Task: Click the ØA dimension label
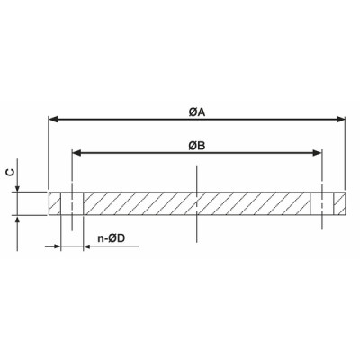pyautogui.click(x=196, y=111)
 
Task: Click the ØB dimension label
pyautogui.click(x=196, y=144)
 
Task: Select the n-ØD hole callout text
pyautogui.click(x=111, y=238)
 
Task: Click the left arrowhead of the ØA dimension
pyautogui.click(x=53, y=119)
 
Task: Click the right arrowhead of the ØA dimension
pyautogui.click(x=341, y=119)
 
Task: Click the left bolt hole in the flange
pyautogui.click(x=72, y=202)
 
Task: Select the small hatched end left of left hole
pyautogui.click(x=56, y=202)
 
